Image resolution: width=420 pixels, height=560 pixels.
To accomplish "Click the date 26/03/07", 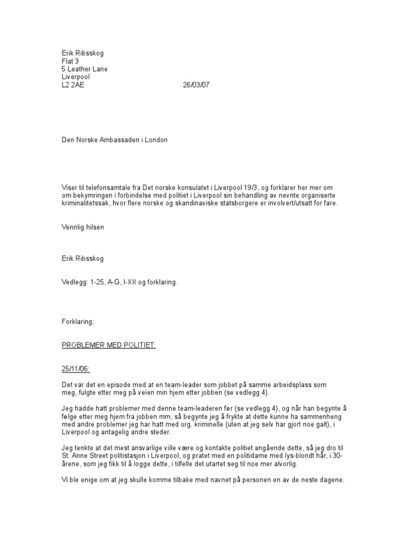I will coord(195,85).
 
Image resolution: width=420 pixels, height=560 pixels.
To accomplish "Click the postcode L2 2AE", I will coord(73,85).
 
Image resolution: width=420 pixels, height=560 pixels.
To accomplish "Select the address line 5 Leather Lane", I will coord(84,69).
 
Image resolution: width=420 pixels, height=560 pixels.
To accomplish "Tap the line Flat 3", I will coord(70,61).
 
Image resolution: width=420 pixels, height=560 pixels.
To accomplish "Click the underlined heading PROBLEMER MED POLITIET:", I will coord(108,346).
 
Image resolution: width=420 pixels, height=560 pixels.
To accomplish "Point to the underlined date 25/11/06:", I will coord(75,370).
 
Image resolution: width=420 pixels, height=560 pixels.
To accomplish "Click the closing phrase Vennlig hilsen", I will coord(83,227).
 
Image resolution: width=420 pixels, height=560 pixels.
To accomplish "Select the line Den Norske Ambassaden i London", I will coord(114,140).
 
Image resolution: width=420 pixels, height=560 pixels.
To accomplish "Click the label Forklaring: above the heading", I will coord(78,322).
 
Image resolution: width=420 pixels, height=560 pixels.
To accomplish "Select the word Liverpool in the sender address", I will coord(75,77).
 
